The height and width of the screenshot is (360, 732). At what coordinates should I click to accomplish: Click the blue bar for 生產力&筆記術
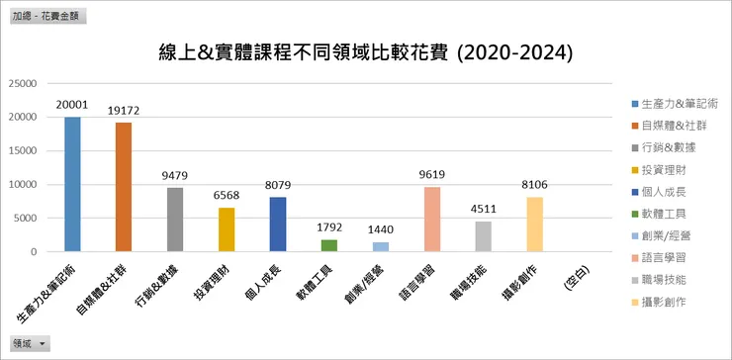pyautogui.click(x=72, y=184)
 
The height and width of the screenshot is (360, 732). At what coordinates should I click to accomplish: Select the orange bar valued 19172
pyautogui.click(x=124, y=187)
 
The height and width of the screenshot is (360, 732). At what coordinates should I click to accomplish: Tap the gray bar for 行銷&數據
pyautogui.click(x=175, y=220)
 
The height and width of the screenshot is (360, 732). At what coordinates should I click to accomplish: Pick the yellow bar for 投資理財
pyautogui.click(x=227, y=229)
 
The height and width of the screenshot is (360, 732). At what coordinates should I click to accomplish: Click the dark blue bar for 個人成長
pyautogui.click(x=278, y=225)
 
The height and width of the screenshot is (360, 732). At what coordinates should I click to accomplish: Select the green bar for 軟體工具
pyautogui.click(x=329, y=245)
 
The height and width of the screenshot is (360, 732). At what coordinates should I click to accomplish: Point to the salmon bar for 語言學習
pyautogui.click(x=432, y=220)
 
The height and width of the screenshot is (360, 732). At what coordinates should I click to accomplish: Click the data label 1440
pyautogui.click(x=381, y=229)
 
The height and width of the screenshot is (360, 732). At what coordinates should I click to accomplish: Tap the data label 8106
pyautogui.click(x=535, y=184)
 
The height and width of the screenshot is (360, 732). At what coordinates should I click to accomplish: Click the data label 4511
pyautogui.click(x=484, y=208)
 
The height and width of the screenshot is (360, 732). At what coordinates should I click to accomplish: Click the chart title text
pyautogui.click(x=365, y=51)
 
